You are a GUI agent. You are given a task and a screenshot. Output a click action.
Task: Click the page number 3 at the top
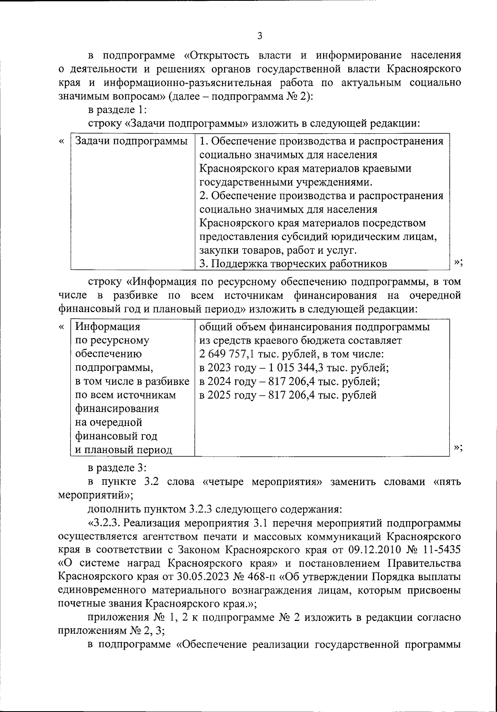point(260,36)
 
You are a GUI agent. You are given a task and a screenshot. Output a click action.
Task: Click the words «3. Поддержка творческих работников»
point(293,264)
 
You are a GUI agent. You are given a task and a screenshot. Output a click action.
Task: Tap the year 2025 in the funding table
point(220,395)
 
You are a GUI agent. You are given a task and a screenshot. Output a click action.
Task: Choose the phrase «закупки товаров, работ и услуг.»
point(277,250)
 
